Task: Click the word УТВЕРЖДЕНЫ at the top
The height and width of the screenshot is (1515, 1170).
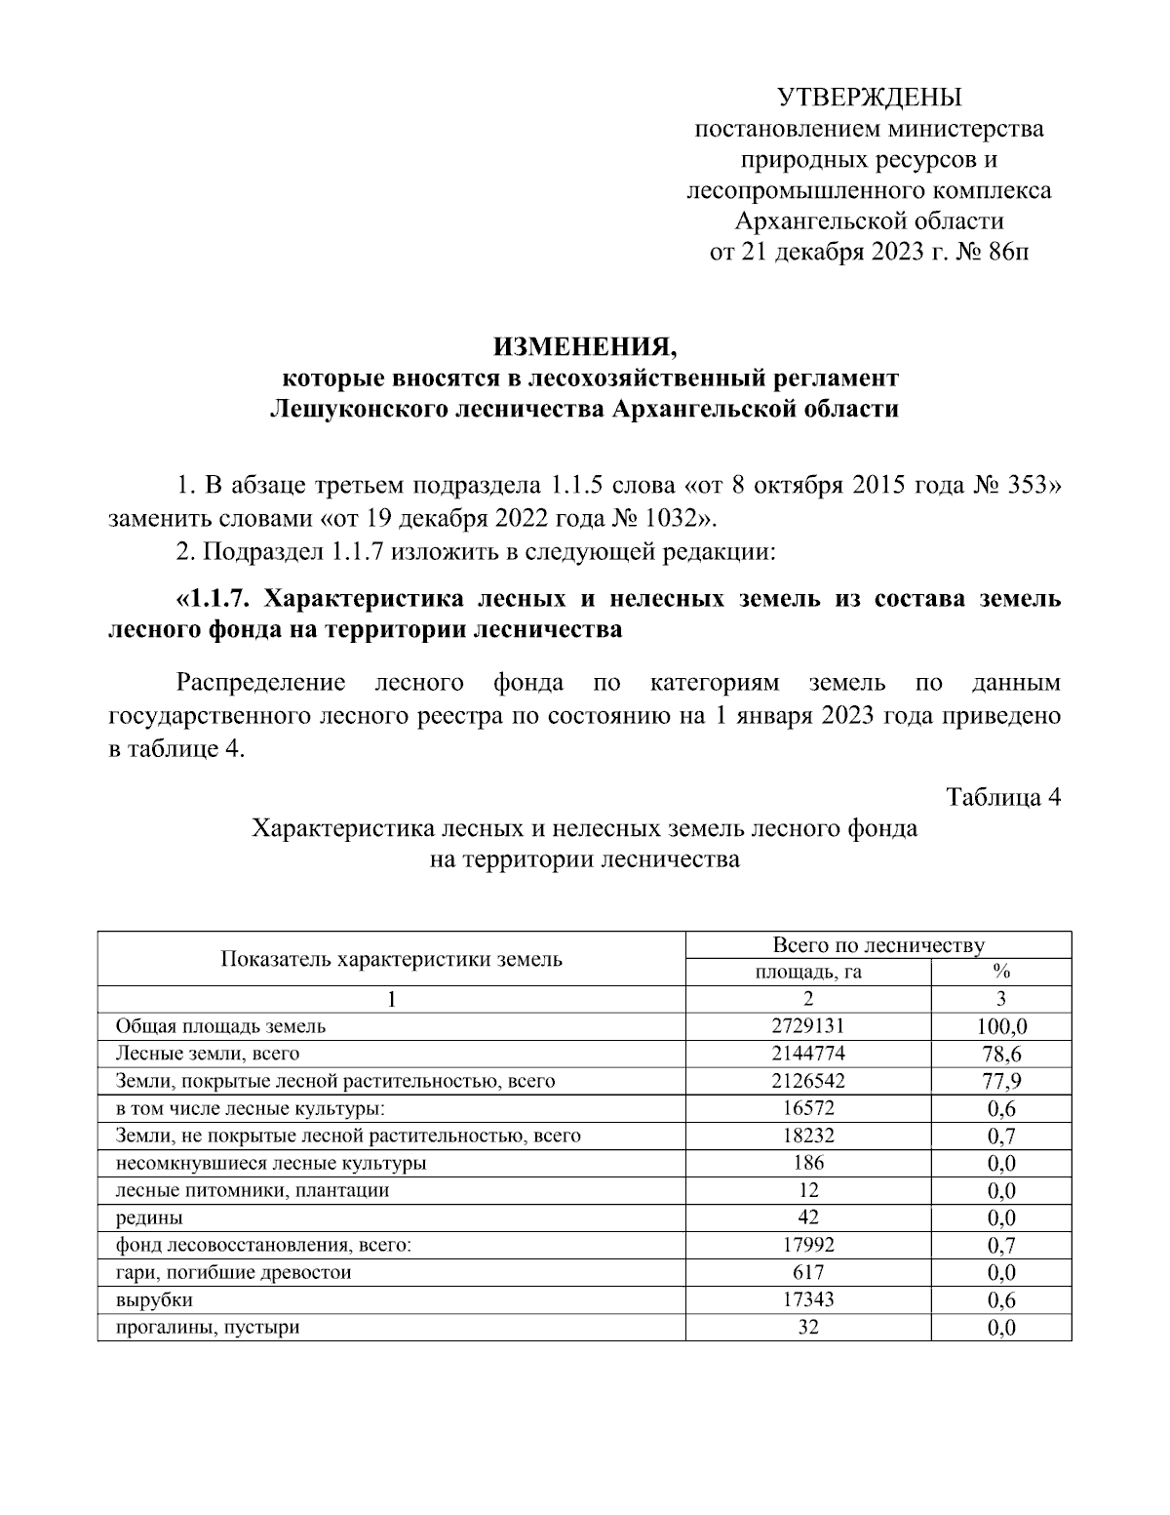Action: point(869,97)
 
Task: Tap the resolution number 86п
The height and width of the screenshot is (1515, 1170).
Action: point(1007,253)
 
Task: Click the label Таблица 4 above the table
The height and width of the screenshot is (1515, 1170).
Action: point(1003,796)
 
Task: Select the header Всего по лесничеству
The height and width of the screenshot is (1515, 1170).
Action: point(877,944)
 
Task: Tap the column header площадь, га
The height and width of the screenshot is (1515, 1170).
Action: point(808,972)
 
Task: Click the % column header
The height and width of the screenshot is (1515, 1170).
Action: point(1000,972)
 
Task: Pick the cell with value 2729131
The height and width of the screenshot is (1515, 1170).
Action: point(808,1026)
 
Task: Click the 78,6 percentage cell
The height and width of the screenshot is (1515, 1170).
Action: point(1000,1054)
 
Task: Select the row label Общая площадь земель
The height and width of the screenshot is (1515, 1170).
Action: point(220,1026)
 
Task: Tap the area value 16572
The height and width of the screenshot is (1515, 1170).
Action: point(808,1108)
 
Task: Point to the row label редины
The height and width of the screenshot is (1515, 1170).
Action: point(149,1217)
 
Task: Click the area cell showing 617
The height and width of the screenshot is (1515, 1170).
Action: point(808,1272)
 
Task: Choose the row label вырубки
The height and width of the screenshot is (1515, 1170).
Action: point(154,1299)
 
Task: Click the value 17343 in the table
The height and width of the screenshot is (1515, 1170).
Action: point(808,1299)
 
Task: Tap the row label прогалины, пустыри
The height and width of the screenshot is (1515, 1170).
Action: point(208,1327)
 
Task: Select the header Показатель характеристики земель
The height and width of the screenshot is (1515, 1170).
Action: point(391,958)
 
